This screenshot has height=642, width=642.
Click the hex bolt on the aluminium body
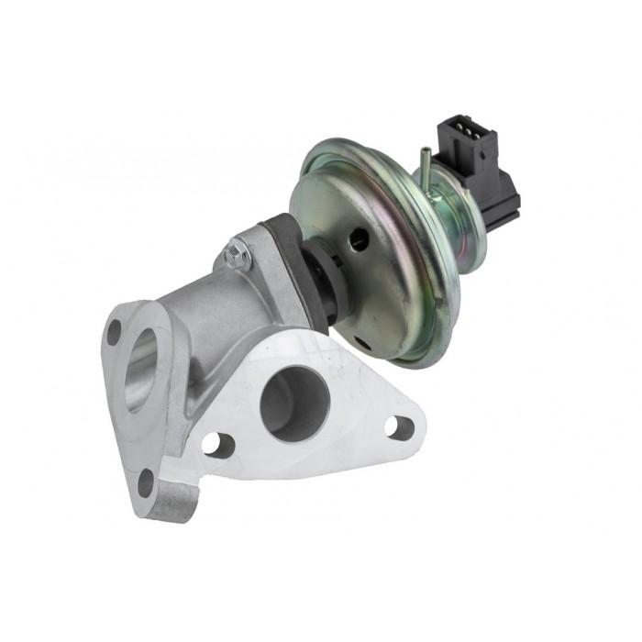point(238,253)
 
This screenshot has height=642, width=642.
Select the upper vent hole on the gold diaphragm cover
point(360,241)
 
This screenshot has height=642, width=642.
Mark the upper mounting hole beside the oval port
point(115,332)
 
